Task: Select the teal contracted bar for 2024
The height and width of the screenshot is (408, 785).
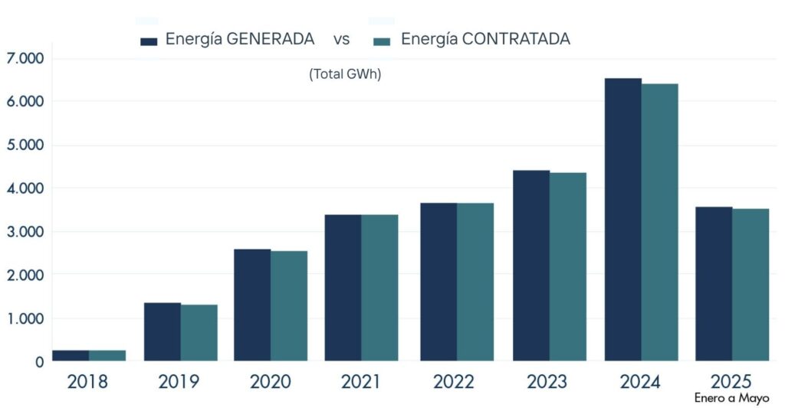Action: pos(659,222)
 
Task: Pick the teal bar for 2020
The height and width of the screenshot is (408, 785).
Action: pos(289,305)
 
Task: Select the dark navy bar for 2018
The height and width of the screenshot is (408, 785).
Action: pos(71,355)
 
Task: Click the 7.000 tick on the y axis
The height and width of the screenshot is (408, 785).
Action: pos(25,58)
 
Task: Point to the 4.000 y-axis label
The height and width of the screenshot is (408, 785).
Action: pos(25,188)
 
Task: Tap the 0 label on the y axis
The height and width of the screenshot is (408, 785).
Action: pos(38,362)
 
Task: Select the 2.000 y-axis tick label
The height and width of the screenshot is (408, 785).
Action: pos(25,275)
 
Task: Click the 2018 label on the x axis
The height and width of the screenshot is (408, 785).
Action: pos(88,382)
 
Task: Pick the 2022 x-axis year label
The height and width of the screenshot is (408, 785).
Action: pos(454,382)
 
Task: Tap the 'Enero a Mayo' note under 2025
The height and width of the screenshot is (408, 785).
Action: pos(731,399)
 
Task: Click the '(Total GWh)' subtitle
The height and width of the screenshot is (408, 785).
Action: pos(345,74)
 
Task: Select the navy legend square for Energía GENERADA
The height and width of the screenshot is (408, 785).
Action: pos(149,41)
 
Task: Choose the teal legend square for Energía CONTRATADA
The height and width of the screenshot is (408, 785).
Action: pos(381,41)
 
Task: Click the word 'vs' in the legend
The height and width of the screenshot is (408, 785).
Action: pos(342,39)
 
